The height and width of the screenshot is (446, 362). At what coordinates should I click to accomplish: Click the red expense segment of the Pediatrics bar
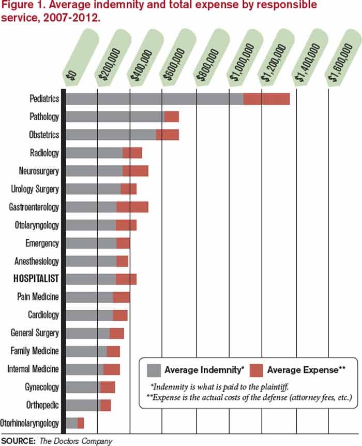coord(266,99)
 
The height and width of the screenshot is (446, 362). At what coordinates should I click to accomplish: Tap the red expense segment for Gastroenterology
coord(132,207)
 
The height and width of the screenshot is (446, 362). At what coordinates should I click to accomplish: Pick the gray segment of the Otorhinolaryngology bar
coord(72,423)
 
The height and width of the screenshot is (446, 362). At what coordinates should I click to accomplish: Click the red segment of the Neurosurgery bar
coord(135,171)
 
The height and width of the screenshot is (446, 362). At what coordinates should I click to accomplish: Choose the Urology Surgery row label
coord(35,189)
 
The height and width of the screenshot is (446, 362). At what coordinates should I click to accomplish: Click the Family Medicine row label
coord(35,351)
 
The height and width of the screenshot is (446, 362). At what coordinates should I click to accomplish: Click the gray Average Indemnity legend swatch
coord(154,370)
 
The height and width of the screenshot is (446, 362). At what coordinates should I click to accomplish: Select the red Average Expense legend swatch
coord(257,370)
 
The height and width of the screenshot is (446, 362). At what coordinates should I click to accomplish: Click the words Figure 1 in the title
coord(21,6)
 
